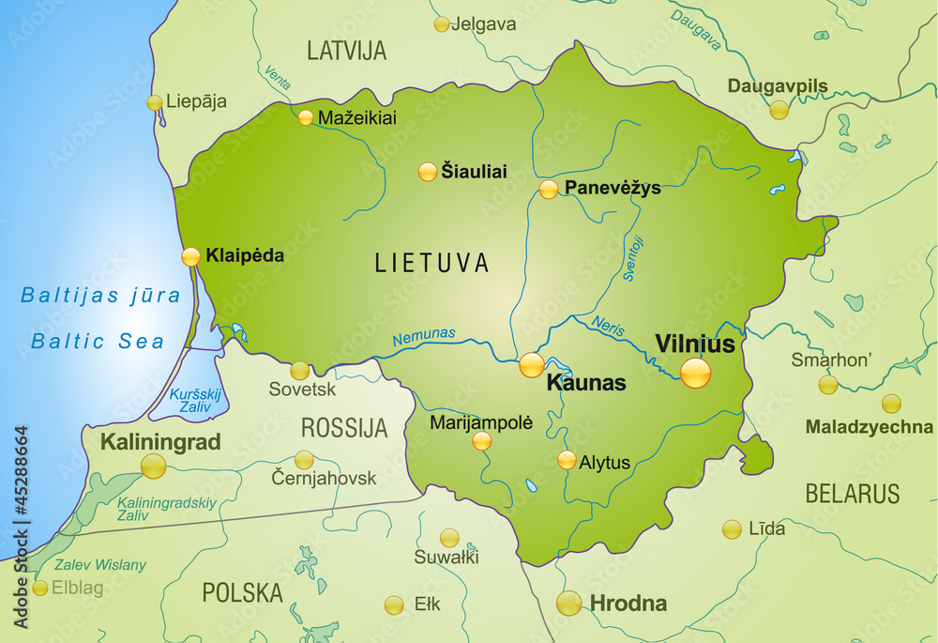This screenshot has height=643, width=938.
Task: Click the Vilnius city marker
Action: [695, 373]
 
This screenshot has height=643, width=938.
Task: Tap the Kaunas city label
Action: [586, 383]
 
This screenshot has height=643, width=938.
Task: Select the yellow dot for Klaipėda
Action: [190, 256]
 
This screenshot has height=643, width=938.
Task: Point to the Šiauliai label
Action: [474, 172]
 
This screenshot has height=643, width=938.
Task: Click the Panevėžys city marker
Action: [549, 190]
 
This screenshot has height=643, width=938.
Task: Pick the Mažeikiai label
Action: [357, 118]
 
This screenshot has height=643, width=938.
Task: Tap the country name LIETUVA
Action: [431, 263]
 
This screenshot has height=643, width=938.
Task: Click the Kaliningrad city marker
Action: [153, 466]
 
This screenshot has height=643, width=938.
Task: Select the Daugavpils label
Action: [778, 86]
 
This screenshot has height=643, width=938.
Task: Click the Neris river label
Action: [608, 326]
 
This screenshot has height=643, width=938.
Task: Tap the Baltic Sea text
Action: [98, 342]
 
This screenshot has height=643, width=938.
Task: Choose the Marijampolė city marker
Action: [482, 441]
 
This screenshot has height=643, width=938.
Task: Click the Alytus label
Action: [605, 462]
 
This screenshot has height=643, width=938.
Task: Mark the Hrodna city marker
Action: [568, 604]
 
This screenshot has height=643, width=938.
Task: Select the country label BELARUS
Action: [852, 494]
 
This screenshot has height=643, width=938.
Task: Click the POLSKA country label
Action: [243, 592]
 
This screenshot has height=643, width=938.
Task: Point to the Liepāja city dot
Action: [155, 102]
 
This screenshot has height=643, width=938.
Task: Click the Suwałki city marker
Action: [450, 538]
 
